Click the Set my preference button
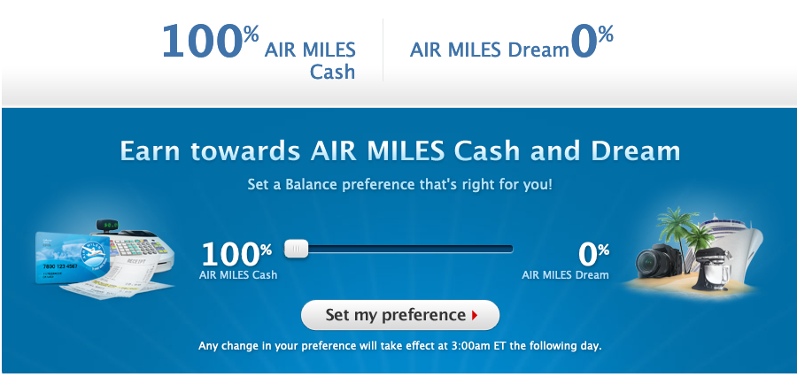(x=400, y=315)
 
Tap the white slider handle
(x=296, y=249)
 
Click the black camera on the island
(x=661, y=261)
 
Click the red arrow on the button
(x=475, y=316)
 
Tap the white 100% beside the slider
(x=236, y=255)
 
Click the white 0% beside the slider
(x=593, y=255)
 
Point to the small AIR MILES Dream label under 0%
(x=565, y=275)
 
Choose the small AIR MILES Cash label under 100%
(x=238, y=275)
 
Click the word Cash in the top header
(x=332, y=72)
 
